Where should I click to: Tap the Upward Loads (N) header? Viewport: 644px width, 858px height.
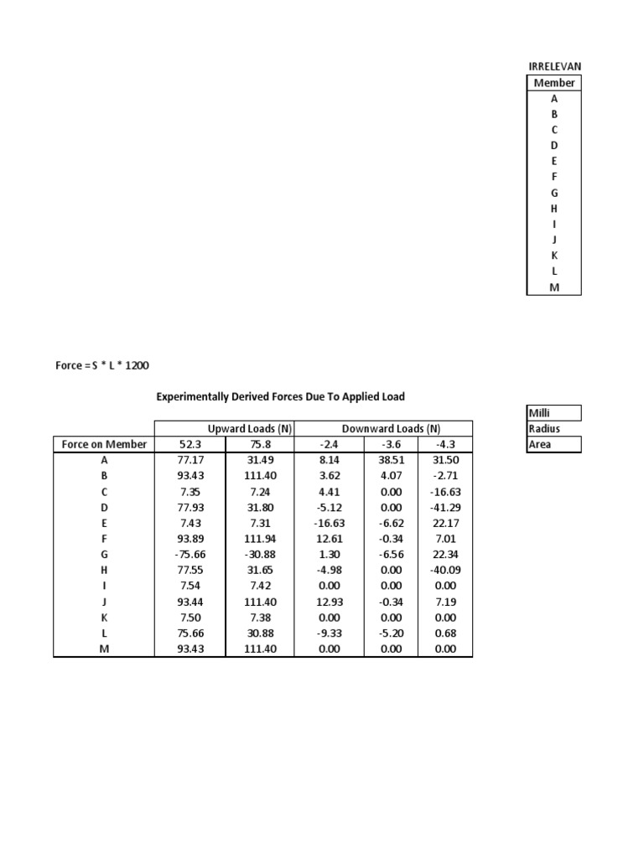tap(249, 428)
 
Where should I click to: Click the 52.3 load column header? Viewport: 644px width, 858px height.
tap(190, 444)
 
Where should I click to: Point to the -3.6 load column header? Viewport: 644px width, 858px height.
tap(391, 444)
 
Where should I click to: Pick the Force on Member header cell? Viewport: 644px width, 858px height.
tap(104, 444)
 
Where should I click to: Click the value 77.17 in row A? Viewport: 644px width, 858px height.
tap(190, 460)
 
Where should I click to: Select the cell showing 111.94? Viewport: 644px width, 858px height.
tap(262, 540)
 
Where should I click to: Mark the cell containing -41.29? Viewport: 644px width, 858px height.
tap(444, 508)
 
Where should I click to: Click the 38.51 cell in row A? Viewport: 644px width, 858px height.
tap(391, 460)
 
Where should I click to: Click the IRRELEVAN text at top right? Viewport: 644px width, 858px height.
tap(553, 66)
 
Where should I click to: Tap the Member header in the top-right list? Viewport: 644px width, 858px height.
tap(553, 82)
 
